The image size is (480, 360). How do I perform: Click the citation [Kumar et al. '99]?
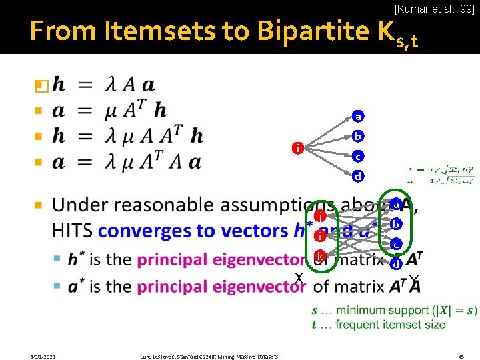click(x=434, y=9)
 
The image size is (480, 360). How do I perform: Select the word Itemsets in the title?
click(x=150, y=31)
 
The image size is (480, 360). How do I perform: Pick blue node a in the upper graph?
click(x=358, y=117)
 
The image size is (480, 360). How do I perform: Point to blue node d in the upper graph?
click(x=358, y=176)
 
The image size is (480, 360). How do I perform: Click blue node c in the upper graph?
click(x=358, y=156)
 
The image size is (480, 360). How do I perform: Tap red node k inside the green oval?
click(x=320, y=256)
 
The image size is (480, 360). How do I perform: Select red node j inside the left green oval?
click(x=321, y=236)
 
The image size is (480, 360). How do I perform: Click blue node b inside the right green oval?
click(x=395, y=224)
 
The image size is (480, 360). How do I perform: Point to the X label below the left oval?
click(x=299, y=278)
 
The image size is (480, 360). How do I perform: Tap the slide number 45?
click(x=461, y=356)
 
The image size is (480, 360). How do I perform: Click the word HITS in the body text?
click(x=72, y=231)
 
